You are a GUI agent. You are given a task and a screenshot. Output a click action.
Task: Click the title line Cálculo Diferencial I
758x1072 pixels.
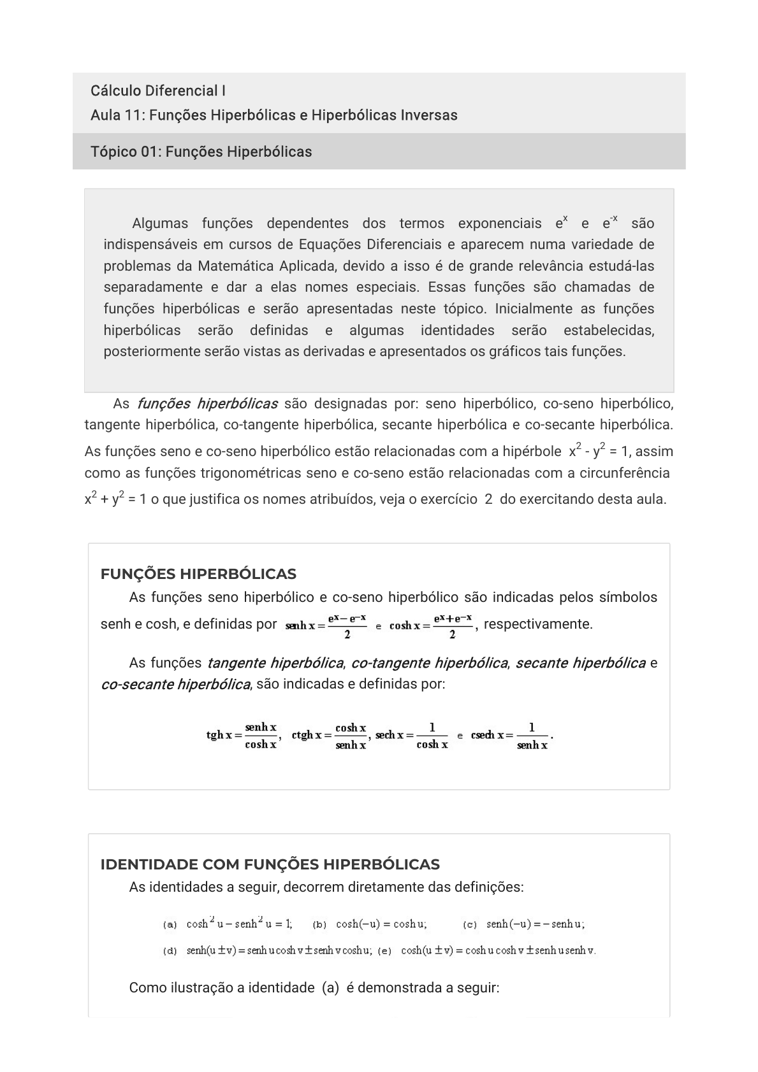click(158, 90)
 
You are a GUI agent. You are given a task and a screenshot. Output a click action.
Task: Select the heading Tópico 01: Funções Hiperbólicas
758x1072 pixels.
click(201, 152)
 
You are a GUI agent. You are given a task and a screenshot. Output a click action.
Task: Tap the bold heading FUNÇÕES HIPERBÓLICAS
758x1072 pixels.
click(198, 574)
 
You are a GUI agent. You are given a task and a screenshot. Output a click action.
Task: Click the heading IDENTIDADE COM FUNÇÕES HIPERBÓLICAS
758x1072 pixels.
click(270, 864)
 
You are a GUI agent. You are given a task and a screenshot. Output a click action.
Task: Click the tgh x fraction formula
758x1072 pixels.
click(242, 736)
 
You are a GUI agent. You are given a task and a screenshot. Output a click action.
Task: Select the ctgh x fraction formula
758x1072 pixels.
click(329, 736)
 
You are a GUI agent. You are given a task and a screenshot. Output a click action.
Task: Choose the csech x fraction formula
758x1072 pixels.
click(510, 736)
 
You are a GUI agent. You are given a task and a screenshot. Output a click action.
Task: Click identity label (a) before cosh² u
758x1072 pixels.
click(170, 924)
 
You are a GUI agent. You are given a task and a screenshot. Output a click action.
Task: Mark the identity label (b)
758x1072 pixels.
click(320, 924)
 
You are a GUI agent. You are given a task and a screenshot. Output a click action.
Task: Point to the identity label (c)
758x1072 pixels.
click(470, 924)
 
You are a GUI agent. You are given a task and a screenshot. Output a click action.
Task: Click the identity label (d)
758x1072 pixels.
click(170, 951)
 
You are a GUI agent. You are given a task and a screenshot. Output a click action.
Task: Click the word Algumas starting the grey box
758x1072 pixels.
click(160, 224)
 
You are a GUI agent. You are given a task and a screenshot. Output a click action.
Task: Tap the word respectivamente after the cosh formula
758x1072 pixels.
click(538, 624)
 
